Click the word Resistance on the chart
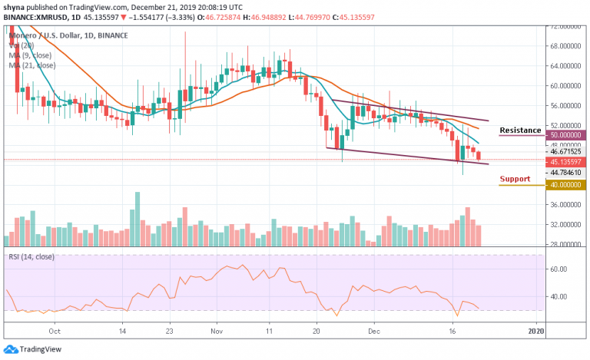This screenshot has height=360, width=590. point(519,130)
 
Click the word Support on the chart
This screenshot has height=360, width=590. point(515,179)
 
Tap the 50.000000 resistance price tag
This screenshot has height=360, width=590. point(565,135)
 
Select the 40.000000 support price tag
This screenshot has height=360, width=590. point(565,184)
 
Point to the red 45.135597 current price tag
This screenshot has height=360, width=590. point(565,161)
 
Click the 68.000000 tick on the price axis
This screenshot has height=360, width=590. point(565,46)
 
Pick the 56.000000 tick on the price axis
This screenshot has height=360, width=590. point(565,105)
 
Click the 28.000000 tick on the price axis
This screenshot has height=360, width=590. point(565,244)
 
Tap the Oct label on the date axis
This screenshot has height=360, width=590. point(55,332)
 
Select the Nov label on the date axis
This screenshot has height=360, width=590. point(216,332)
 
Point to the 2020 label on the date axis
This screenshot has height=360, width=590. point(536,332)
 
